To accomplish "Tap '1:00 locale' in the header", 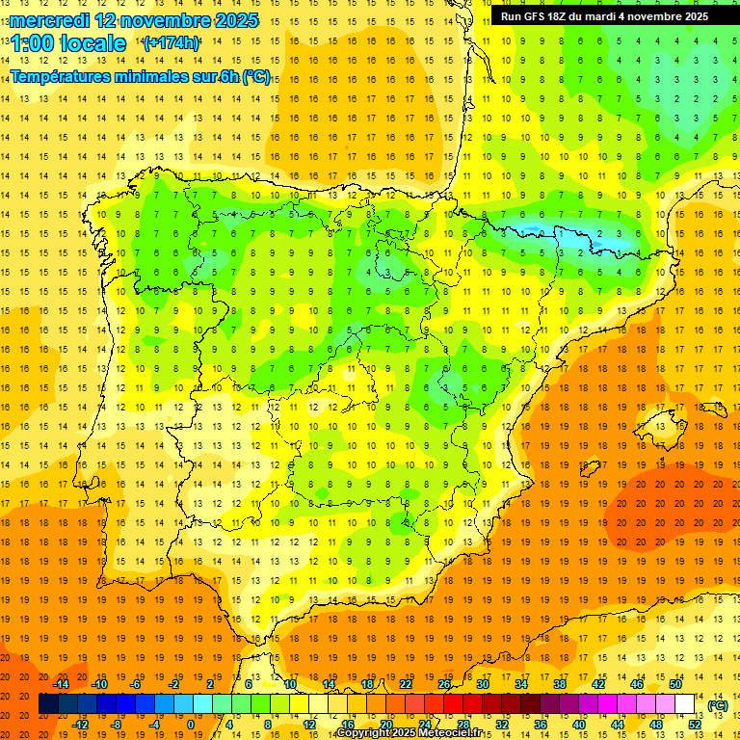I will (68, 43).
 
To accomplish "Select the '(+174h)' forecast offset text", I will (171, 43).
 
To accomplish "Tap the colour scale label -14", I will (62, 684).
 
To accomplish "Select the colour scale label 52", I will (695, 725).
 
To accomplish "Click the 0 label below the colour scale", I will (190, 725).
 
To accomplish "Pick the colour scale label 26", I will (444, 684).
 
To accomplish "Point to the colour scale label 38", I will (559, 684).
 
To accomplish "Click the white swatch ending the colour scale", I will (685, 704).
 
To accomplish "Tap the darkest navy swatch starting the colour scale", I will (48, 704).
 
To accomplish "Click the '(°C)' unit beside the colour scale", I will (717, 704).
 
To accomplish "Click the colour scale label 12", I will (309, 725).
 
